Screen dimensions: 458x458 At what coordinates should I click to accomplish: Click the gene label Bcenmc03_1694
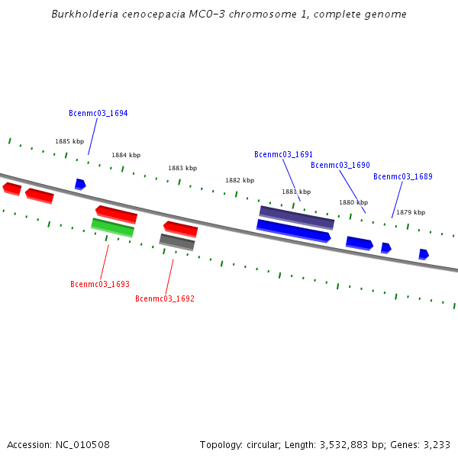98,113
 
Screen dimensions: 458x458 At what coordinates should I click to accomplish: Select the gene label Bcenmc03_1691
283,154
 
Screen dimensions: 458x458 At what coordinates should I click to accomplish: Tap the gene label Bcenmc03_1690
340,165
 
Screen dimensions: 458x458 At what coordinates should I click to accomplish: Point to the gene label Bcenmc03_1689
402,176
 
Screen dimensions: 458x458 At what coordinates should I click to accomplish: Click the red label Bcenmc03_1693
99,284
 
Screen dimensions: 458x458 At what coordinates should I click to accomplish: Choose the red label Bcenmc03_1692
164,298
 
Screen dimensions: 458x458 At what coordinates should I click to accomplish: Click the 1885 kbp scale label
69,141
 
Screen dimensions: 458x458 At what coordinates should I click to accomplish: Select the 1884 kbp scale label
126,155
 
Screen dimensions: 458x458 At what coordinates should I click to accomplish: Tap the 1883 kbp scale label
182,168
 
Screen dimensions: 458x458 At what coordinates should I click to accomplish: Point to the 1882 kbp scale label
239,180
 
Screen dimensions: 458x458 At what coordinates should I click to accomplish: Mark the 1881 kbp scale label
296,192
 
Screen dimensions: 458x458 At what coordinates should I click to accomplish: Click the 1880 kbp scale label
353,202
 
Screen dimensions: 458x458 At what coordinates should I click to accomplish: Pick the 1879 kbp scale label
411,212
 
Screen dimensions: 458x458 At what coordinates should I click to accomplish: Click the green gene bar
112,227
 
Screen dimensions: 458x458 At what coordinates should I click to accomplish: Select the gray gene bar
177,242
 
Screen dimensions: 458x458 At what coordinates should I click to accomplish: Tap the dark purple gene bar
297,217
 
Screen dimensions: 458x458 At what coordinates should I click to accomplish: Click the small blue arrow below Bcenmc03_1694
80,184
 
